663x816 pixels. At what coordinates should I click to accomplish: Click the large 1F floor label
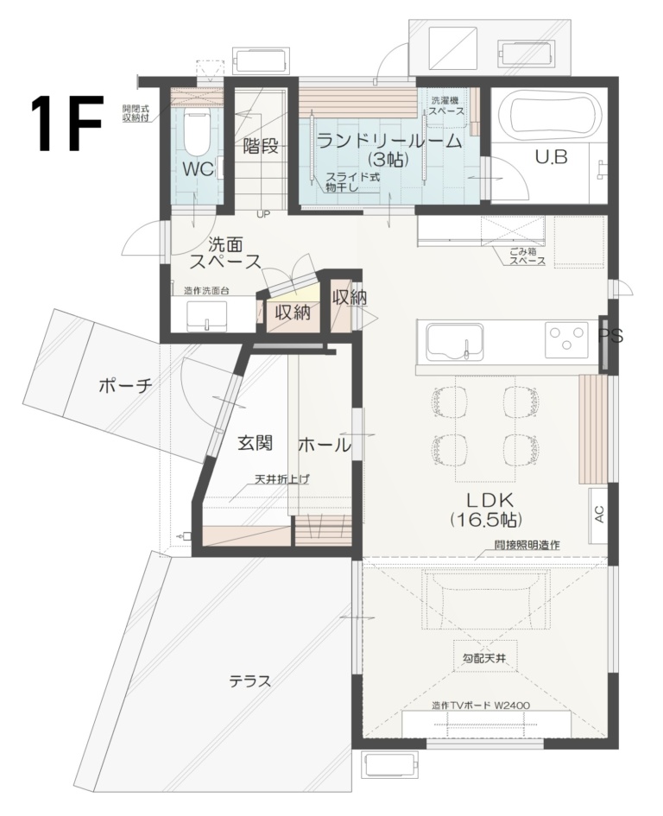[68, 123]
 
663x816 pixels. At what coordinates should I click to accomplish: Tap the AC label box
[598, 510]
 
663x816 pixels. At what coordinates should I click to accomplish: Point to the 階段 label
[261, 146]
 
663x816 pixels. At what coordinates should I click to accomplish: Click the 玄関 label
[256, 444]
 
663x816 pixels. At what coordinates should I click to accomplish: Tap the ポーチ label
[125, 386]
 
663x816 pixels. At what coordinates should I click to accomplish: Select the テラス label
[249, 681]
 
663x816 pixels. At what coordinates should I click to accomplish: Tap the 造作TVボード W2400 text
[486, 705]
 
